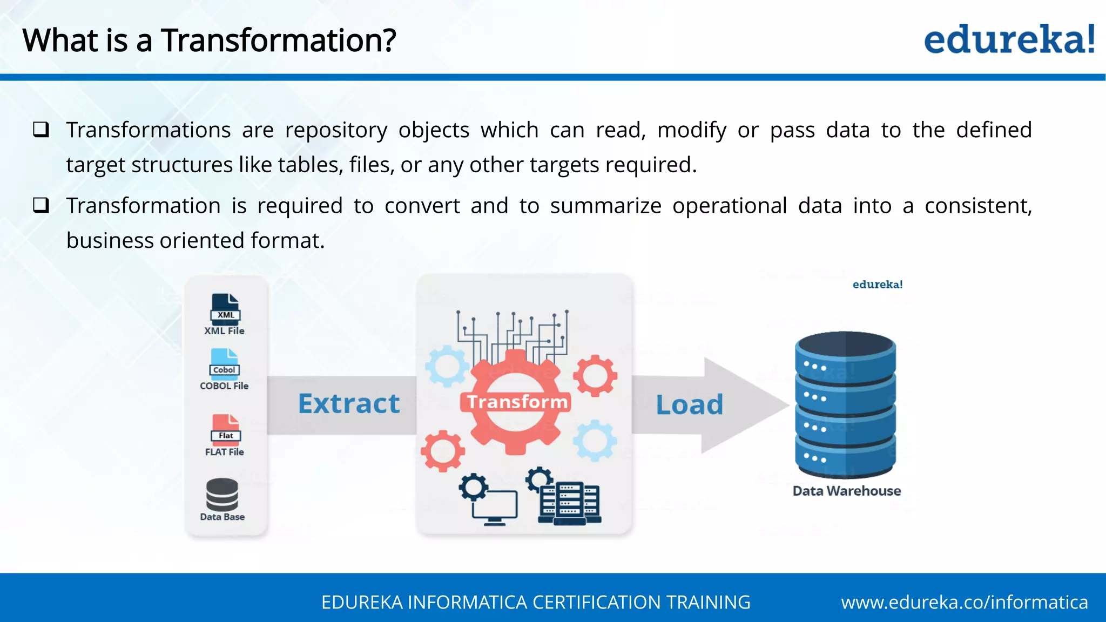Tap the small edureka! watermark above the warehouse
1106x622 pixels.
point(877,285)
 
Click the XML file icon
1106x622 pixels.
point(225,309)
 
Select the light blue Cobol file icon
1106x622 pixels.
point(225,363)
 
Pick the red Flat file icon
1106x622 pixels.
point(226,429)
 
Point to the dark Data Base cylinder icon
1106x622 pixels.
point(222,494)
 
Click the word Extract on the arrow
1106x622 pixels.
point(349,404)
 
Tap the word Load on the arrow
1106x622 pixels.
point(689,405)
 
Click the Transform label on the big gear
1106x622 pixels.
point(517,402)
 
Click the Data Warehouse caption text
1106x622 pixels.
point(846,491)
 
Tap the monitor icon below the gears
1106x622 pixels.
point(494,505)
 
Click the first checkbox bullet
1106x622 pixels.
point(41,130)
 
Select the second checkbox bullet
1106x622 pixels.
point(41,205)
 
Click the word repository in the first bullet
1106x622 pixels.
point(336,130)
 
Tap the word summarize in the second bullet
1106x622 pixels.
point(605,206)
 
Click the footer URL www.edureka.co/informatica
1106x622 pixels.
point(964,602)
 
